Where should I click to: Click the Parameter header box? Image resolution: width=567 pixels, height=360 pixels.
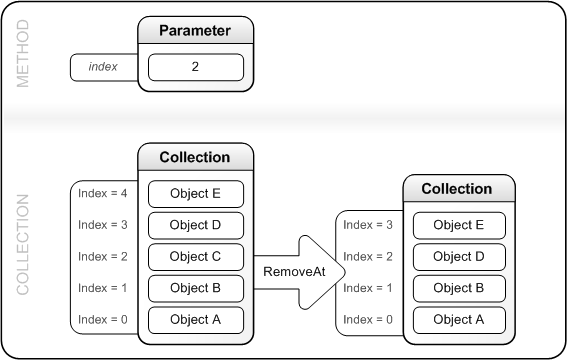tap(196, 31)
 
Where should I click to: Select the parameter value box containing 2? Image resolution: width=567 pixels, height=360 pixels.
tap(196, 67)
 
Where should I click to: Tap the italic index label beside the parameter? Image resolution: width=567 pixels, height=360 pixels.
tap(103, 67)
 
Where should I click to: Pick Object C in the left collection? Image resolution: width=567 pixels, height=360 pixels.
tap(196, 256)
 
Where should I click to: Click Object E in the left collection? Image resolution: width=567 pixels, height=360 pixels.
tap(196, 192)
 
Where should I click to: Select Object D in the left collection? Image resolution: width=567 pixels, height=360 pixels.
tap(196, 224)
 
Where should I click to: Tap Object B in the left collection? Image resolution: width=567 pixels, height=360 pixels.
tap(196, 288)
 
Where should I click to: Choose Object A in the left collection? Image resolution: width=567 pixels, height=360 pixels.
tap(196, 320)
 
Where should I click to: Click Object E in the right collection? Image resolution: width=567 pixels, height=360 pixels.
tap(460, 224)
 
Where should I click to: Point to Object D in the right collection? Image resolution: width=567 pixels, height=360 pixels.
tap(460, 256)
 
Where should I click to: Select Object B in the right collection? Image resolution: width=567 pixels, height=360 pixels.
tap(460, 288)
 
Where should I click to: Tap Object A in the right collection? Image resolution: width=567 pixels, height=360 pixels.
tap(460, 320)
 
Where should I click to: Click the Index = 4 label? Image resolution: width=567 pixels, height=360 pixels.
tap(103, 192)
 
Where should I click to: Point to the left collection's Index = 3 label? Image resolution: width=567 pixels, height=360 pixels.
tap(103, 224)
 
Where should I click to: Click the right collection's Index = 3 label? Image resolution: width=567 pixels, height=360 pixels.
tap(368, 224)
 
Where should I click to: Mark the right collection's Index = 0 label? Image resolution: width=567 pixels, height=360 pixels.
tap(368, 320)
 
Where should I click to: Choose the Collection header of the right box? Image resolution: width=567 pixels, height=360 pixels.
tap(460, 188)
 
